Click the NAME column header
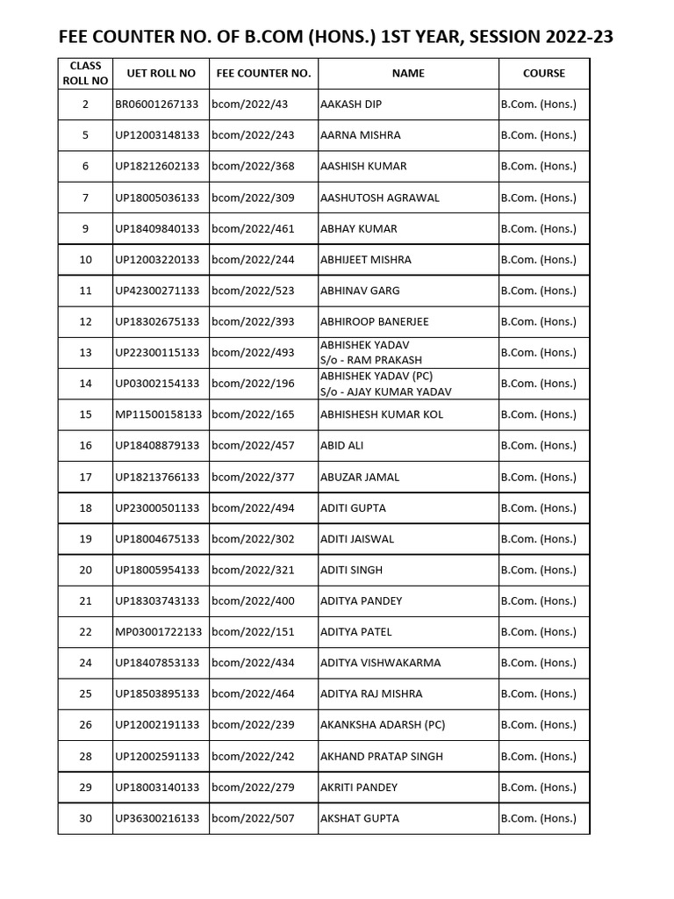408,74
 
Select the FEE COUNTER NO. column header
263,74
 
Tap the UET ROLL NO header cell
161,74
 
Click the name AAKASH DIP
351,104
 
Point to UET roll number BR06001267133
157,104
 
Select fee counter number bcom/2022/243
253,135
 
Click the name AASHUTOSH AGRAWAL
379,198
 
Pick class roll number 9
85,228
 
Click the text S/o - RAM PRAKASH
371,360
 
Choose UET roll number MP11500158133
161,414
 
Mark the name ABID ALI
342,445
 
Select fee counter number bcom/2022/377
253,477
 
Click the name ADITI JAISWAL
357,539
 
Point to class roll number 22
85,632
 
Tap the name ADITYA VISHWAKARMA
380,663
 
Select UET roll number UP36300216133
157,818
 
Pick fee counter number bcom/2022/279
253,788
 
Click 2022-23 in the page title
571,37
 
